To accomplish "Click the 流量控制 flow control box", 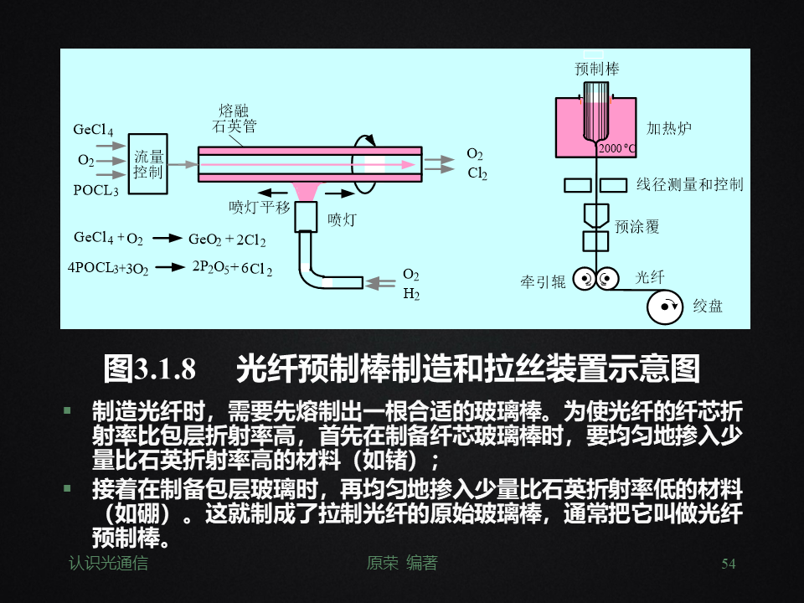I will pyautogui.click(x=149, y=164).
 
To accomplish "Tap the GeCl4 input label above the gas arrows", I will pyautogui.click(x=93, y=131).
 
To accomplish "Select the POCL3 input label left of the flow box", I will pyautogui.click(x=95, y=190).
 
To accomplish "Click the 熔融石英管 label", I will pyautogui.click(x=234, y=119).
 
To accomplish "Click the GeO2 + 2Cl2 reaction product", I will pyautogui.click(x=227, y=240).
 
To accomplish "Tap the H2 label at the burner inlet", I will pyautogui.click(x=411, y=294).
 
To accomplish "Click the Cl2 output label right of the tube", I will pyautogui.click(x=477, y=173).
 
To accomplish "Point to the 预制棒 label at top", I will pyautogui.click(x=597, y=70).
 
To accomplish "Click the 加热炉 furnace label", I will pyautogui.click(x=668, y=128).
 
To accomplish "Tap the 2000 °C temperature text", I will pyautogui.click(x=617, y=149).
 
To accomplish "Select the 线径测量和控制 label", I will pyautogui.click(x=689, y=184).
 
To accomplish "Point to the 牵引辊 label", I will pyautogui.click(x=543, y=282).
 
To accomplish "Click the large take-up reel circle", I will pyautogui.click(x=668, y=307).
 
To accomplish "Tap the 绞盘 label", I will pyautogui.click(x=708, y=307).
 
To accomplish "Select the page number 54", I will pyautogui.click(x=728, y=564).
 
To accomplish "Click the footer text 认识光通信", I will pyautogui.click(x=108, y=564).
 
